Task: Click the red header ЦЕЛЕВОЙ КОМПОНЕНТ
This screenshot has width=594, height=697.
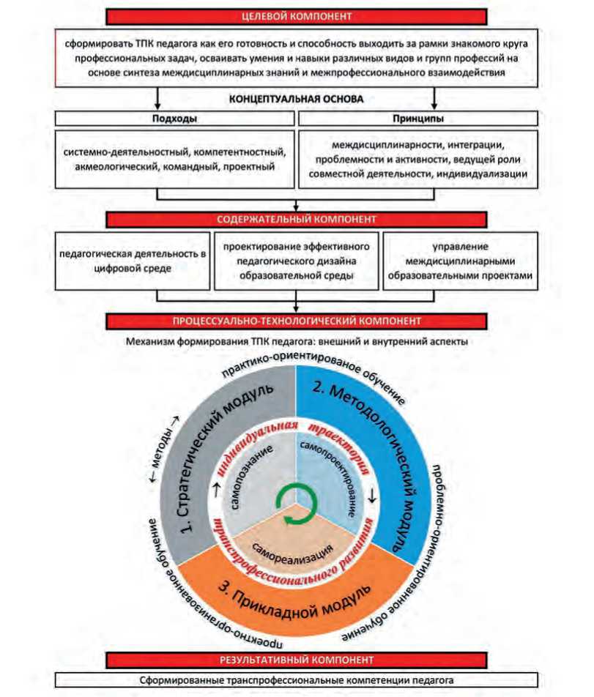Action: (297, 15)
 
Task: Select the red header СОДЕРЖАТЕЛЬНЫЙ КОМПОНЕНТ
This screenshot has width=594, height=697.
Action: (297, 219)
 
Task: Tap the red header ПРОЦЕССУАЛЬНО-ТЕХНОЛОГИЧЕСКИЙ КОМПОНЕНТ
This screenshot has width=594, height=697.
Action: (297, 320)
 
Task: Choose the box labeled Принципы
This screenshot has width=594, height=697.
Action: (418, 117)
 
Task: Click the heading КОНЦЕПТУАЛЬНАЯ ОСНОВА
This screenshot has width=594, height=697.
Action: (297, 98)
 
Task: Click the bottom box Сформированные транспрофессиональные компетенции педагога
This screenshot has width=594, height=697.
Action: (297, 680)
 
